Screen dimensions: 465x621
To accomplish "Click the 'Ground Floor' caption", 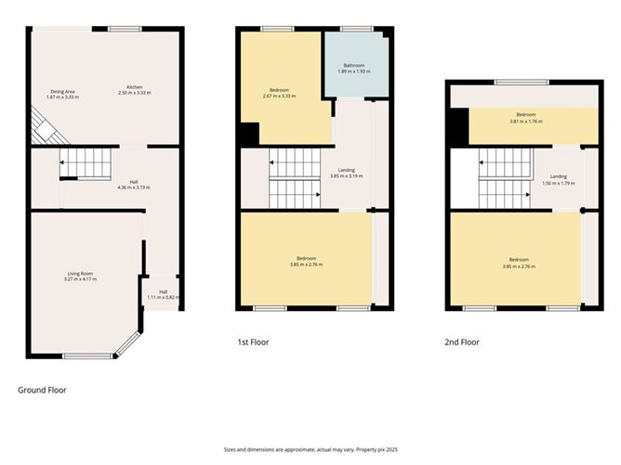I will [42, 390].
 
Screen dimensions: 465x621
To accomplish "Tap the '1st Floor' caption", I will [253, 342].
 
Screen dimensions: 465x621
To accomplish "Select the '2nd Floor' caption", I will [462, 342].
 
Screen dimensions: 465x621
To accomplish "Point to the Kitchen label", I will [135, 86].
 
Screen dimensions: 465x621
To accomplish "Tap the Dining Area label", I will [62, 91].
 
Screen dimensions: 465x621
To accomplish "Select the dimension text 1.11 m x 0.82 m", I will [163, 297].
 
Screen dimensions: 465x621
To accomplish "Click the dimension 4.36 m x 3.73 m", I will [134, 187].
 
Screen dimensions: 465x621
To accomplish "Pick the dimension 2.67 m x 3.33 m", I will [279, 96].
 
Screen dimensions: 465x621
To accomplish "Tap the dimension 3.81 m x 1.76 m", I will [525, 122].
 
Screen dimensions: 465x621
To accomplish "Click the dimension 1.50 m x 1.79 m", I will [558, 183].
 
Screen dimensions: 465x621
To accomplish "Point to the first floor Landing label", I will [344, 170].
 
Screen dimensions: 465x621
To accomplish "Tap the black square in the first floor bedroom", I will [247, 135].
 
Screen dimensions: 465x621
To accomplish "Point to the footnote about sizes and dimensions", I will [310, 448].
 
